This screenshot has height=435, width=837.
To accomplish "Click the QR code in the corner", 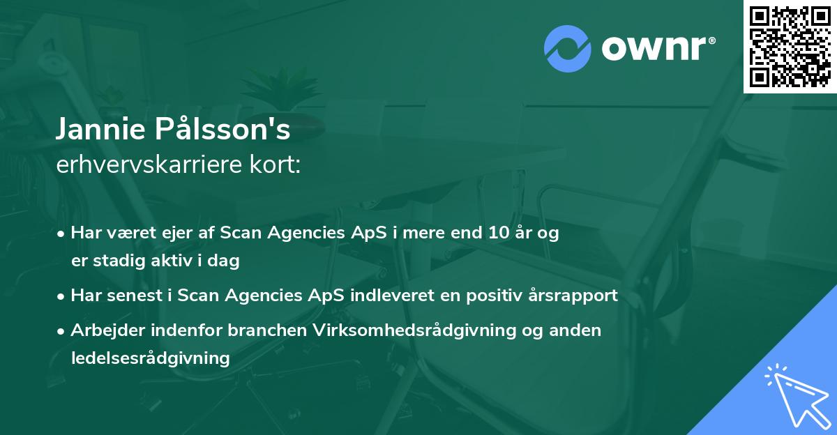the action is point(790,47).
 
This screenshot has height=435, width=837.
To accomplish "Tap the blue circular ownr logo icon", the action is point(567,49).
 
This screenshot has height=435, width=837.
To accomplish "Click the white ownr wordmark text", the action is point(658,48).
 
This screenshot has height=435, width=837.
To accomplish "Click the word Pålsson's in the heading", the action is point(223,128).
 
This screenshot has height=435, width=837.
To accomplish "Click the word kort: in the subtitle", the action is point(275,165).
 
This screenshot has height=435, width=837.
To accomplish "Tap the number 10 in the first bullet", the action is point(499,233).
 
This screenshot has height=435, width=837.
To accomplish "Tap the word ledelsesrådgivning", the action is point(151,358).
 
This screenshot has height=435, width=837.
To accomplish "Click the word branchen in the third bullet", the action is point(267,330).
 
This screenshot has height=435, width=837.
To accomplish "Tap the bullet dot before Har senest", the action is point(61,297).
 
